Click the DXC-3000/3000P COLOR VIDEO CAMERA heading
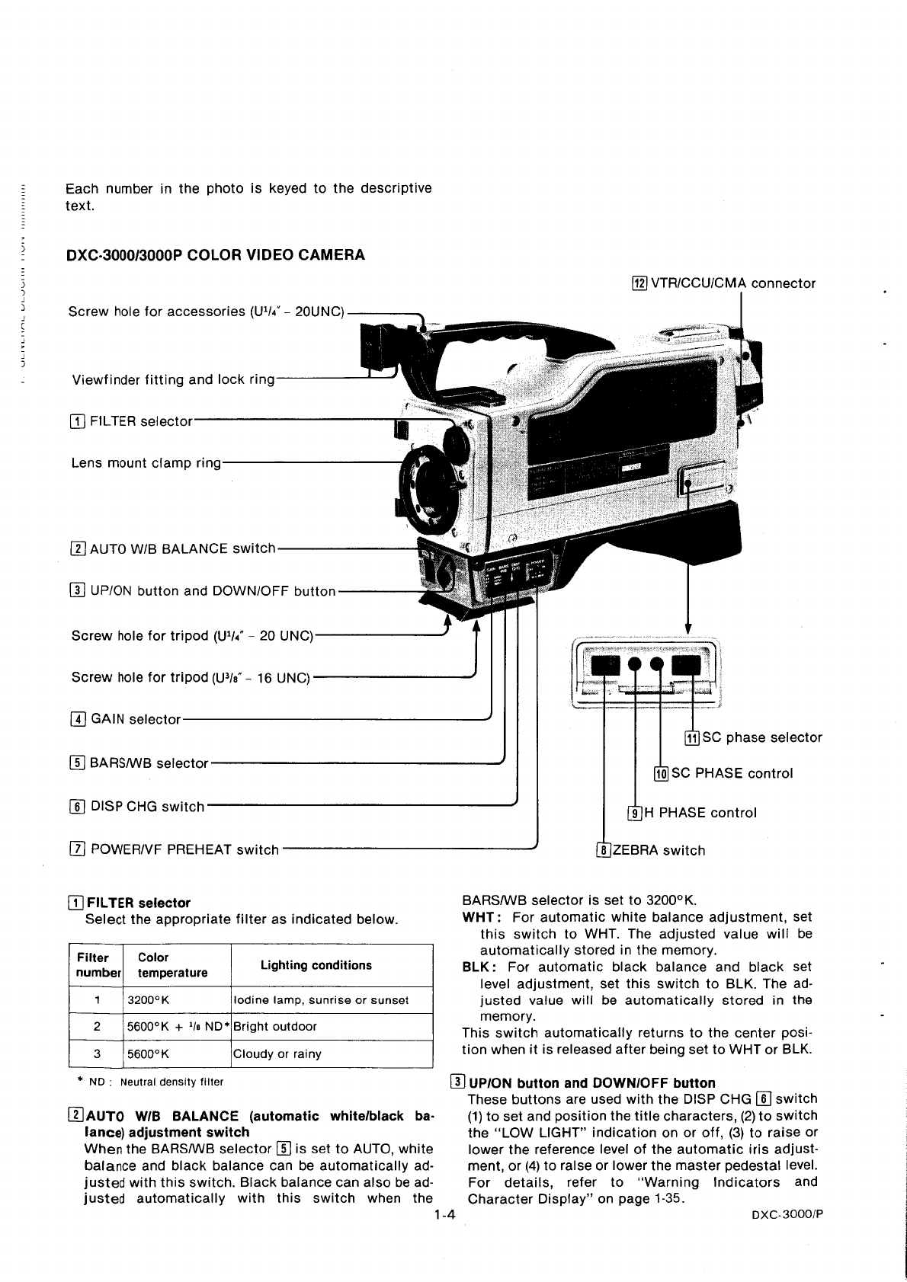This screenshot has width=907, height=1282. click(x=216, y=255)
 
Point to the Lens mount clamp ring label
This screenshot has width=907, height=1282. click(x=146, y=463)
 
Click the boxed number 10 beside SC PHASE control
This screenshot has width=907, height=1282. click(x=661, y=774)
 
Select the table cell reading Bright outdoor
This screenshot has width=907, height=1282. click(x=274, y=1026)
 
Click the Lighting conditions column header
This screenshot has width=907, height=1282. click(x=316, y=965)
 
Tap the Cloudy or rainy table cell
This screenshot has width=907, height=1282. click(x=277, y=1054)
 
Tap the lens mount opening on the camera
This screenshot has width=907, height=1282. click(x=431, y=484)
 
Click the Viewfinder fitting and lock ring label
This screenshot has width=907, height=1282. click(x=173, y=379)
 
